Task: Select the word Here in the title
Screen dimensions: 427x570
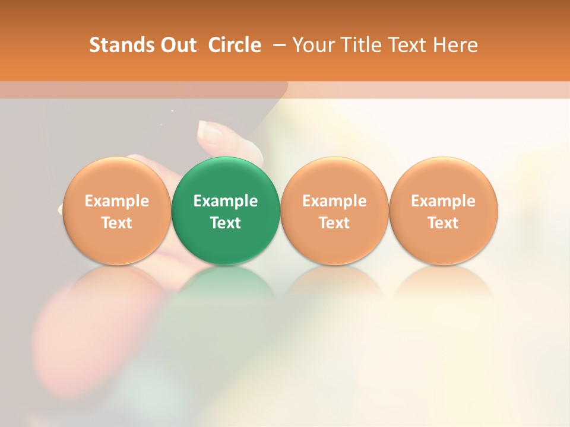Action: click(x=455, y=46)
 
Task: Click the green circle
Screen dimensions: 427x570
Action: click(x=226, y=211)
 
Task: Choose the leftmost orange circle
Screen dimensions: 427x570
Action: click(x=116, y=211)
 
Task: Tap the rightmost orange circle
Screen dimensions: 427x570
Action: click(x=444, y=211)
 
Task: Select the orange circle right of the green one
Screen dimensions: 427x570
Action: click(x=334, y=211)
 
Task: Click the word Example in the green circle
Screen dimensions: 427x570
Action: click(x=226, y=201)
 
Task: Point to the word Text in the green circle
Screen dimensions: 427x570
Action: click(x=226, y=223)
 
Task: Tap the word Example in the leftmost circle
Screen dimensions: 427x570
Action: click(x=116, y=201)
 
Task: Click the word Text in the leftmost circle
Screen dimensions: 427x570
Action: click(x=116, y=223)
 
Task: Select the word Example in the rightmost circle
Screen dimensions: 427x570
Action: click(x=444, y=201)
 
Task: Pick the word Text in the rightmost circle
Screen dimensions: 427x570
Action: click(x=444, y=223)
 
